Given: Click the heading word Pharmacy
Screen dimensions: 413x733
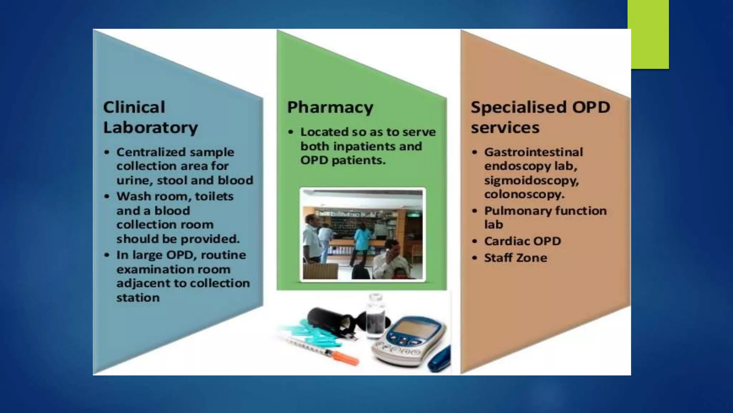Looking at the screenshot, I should pyautogui.click(x=330, y=108).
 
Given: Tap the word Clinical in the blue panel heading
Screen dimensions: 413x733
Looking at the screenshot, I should pyautogui.click(x=134, y=107).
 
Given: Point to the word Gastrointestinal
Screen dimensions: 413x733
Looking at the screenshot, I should pyautogui.click(x=533, y=152).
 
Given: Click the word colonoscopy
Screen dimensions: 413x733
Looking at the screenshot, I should pyautogui.click(x=524, y=194).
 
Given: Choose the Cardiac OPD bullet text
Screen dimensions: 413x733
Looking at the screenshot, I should pyautogui.click(x=522, y=241).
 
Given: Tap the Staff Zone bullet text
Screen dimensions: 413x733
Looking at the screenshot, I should pyautogui.click(x=515, y=258).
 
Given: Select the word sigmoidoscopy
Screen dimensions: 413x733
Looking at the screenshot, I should pyautogui.click(x=531, y=180).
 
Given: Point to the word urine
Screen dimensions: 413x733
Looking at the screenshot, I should pyautogui.click(x=133, y=180).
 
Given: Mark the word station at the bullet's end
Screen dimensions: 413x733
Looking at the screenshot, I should pyautogui.click(x=138, y=298).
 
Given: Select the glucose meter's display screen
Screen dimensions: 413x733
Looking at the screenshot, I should pyautogui.click(x=412, y=328).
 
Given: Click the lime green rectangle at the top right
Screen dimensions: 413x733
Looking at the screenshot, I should pyautogui.click(x=649, y=34).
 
